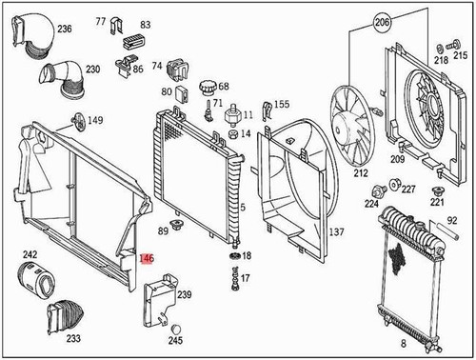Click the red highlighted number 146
pos(147,258)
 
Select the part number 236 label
pos(64,30)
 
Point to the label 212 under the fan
pos(361,174)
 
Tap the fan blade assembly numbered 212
pos(355,124)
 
